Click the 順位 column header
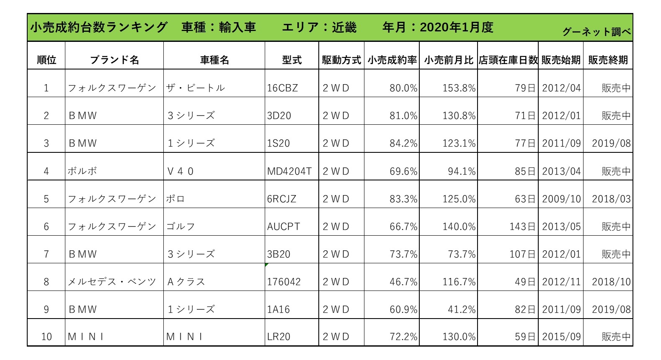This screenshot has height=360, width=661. [46, 60]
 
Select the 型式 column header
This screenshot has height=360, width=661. [292, 60]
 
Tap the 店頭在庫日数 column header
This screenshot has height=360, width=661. [508, 60]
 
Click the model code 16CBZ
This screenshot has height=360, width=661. [282, 88]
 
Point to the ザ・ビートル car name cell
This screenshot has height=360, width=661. [195, 88]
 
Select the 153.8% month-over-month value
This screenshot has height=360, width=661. [459, 88]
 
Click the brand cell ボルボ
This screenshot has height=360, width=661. [83, 171]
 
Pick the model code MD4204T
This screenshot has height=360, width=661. [289, 171]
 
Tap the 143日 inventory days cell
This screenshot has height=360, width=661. [522, 226]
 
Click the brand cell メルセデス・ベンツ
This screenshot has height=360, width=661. [112, 282]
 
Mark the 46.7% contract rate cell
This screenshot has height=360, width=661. [403, 282]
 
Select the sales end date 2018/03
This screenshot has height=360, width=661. [611, 199]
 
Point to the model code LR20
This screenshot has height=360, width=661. [279, 337]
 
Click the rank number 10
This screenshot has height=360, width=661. [46, 337]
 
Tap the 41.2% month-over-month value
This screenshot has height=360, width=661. [462, 309]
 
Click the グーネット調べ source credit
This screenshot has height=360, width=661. [596, 32]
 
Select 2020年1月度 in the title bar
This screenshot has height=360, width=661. [456, 27]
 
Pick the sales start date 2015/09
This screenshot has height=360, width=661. [561, 337]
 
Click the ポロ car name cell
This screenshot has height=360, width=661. [175, 199]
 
